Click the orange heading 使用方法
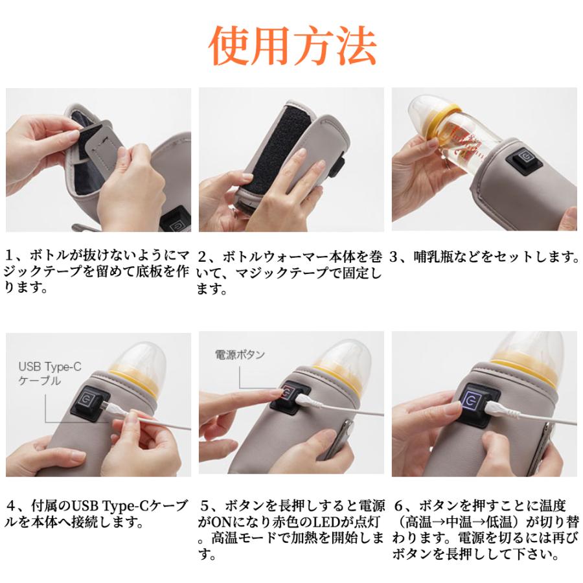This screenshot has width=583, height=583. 293,46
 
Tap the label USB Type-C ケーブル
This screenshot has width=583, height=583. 49,374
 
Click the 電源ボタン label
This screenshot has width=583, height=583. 240,354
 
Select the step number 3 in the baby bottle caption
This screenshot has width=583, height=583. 394,257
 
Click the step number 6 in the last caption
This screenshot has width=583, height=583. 399,506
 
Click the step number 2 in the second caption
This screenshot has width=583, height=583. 202,257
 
